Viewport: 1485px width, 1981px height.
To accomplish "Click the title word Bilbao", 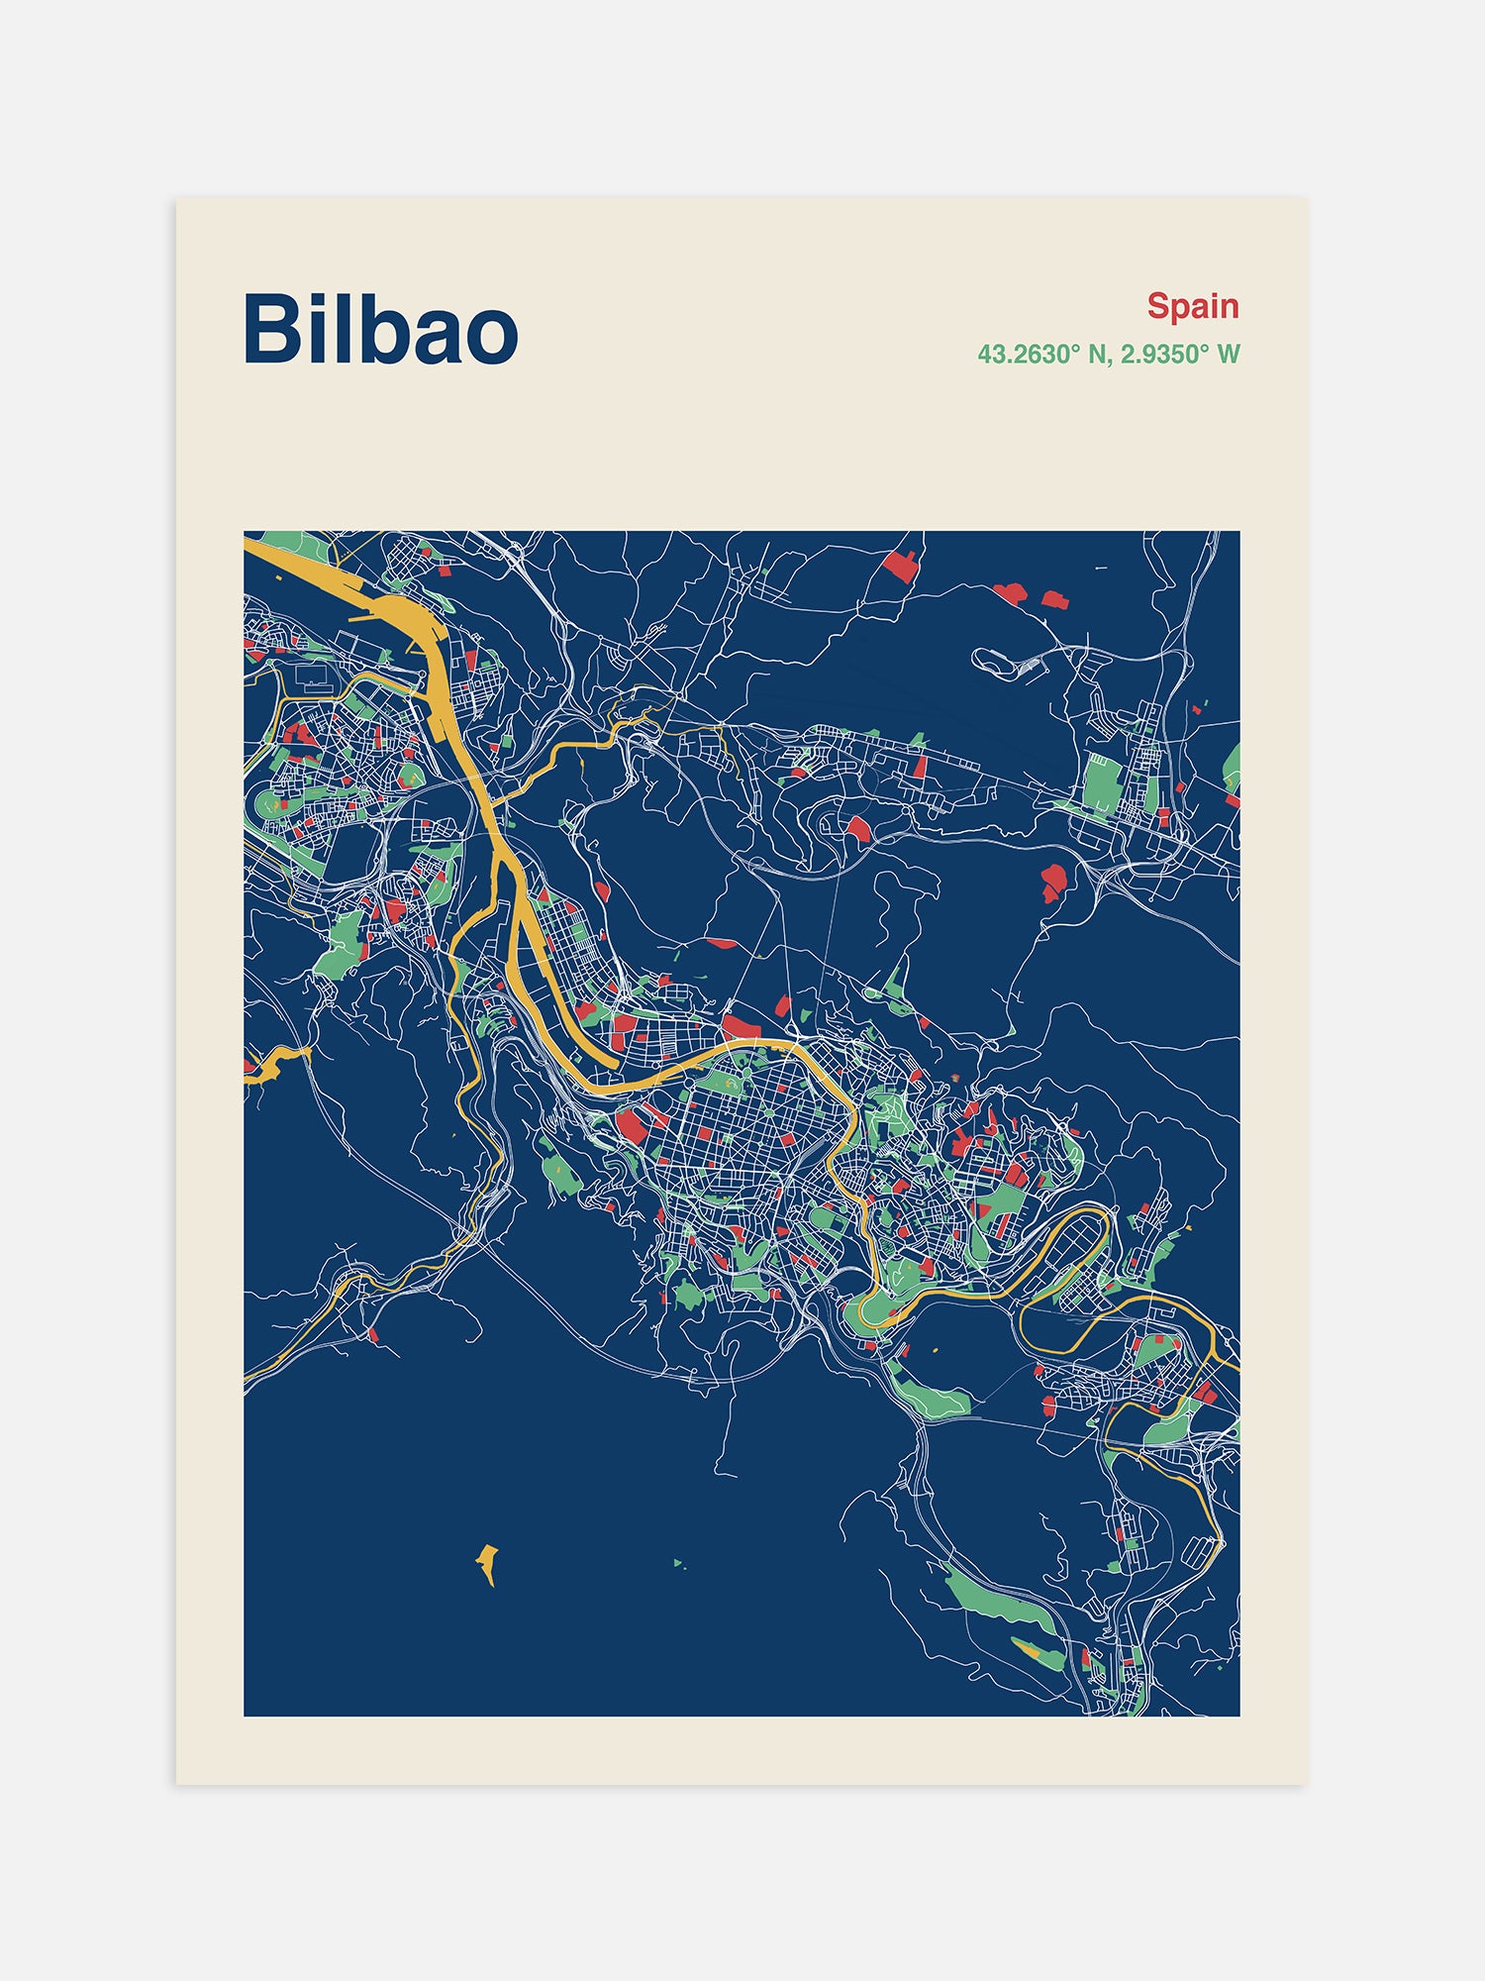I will click(x=380, y=330).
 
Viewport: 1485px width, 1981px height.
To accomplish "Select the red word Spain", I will click(x=1192, y=306).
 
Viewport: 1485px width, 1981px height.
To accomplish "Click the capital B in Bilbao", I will click(x=270, y=330).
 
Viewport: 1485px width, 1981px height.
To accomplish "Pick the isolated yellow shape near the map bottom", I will click(x=487, y=1561).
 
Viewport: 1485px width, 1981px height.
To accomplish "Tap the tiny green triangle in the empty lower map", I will click(x=678, y=1563).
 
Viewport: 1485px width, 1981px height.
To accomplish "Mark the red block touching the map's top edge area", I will click(x=901, y=566).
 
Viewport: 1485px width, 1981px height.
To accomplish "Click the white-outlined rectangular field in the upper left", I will click(x=313, y=677).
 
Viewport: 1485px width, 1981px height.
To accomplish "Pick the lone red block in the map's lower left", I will click(x=373, y=1334).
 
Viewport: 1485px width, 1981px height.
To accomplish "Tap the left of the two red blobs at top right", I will click(x=1011, y=592).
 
